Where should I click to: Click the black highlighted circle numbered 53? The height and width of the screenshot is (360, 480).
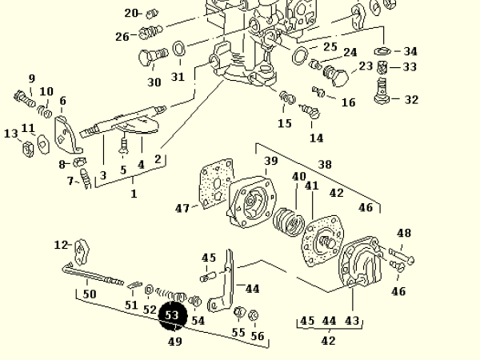pyautogui.click(x=172, y=315)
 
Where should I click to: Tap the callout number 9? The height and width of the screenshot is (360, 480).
pyautogui.click(x=32, y=78)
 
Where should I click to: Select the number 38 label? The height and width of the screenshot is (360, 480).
pyautogui.click(x=325, y=165)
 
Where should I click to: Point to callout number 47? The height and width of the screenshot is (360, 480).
pyautogui.click(x=182, y=208)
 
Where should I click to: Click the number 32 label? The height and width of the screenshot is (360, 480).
pyautogui.click(x=411, y=100)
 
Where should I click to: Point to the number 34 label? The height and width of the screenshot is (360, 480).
pyautogui.click(x=410, y=51)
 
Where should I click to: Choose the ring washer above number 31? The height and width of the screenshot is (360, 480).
pyautogui.click(x=180, y=50)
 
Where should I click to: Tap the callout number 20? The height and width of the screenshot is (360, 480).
pyautogui.click(x=132, y=13)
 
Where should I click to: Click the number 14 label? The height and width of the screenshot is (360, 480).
pyautogui.click(x=316, y=138)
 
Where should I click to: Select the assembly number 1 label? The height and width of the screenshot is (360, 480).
pyautogui.click(x=134, y=194)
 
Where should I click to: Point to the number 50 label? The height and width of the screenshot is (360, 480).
pyautogui.click(x=90, y=294)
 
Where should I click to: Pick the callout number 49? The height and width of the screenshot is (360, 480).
pyautogui.click(x=174, y=342)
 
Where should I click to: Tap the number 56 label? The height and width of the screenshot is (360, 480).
pyautogui.click(x=257, y=336)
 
